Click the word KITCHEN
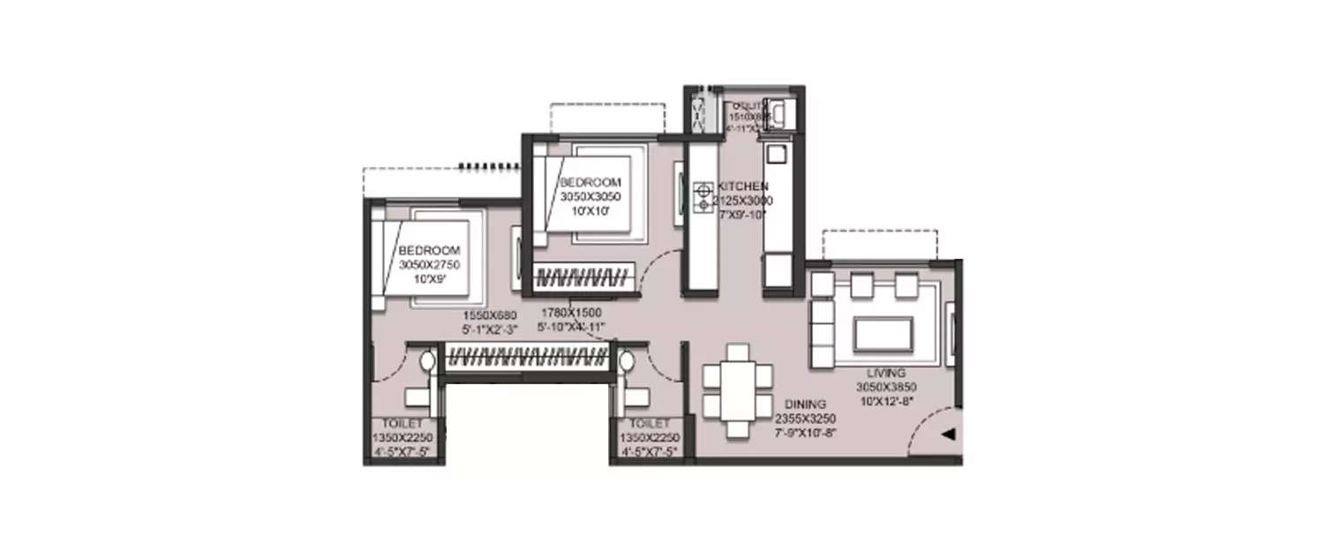coord(742,187)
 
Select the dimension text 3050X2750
coord(429,264)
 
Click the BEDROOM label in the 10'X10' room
coord(584,182)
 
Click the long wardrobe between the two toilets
coord(526,359)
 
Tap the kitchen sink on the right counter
coord(776,153)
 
